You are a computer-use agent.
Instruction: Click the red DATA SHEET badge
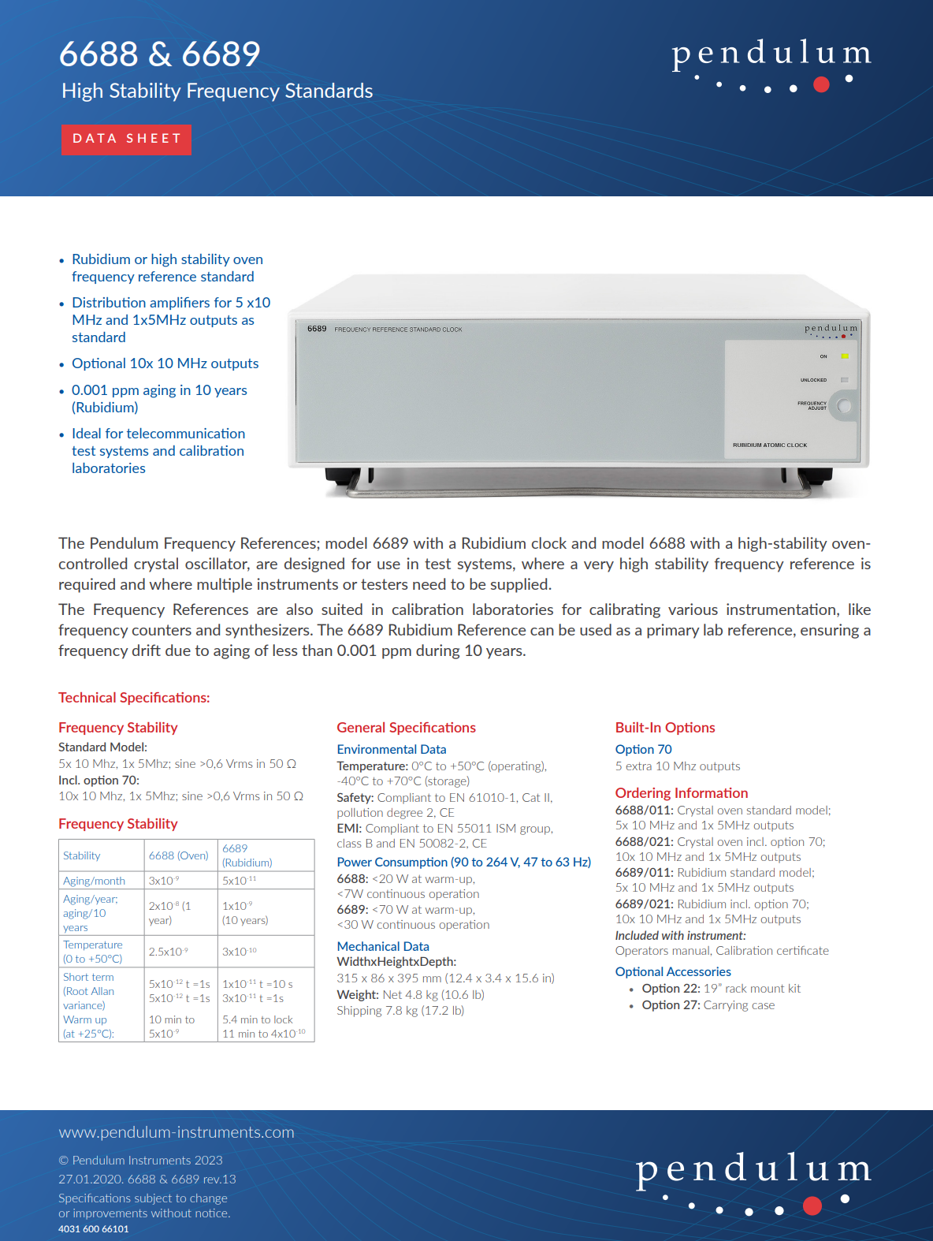pyautogui.click(x=126, y=140)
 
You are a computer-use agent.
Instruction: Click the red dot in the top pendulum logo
pyautogui.click(x=821, y=84)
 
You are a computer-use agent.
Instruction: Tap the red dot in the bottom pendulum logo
pyautogui.click(x=812, y=1206)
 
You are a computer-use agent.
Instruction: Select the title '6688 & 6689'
pyautogui.click(x=159, y=54)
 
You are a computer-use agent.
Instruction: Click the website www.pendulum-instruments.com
pyautogui.click(x=177, y=1132)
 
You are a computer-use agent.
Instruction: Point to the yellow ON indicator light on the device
pyautogui.click(x=844, y=356)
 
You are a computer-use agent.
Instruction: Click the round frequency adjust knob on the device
pyautogui.click(x=845, y=407)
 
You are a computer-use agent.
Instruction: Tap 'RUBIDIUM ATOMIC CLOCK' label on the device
pyautogui.click(x=770, y=445)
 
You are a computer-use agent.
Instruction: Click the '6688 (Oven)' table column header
pyautogui.click(x=179, y=855)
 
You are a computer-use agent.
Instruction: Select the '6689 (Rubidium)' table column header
pyautogui.click(x=247, y=855)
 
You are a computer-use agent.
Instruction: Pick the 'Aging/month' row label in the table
pyautogui.click(x=95, y=881)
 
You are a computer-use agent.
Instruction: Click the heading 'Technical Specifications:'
pyautogui.click(x=134, y=698)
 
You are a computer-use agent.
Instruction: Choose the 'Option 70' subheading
pyautogui.click(x=644, y=749)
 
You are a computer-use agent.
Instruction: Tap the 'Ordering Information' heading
pyautogui.click(x=682, y=793)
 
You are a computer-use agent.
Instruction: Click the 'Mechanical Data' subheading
pyautogui.click(x=383, y=946)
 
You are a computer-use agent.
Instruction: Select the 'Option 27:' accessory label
pyautogui.click(x=671, y=1005)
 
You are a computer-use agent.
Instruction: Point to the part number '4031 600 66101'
pyautogui.click(x=94, y=1229)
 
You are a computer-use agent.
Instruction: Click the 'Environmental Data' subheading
pyautogui.click(x=392, y=749)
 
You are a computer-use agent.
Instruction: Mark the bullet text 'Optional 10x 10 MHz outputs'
pyautogui.click(x=165, y=363)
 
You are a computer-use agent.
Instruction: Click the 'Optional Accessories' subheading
pyautogui.click(x=673, y=971)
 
